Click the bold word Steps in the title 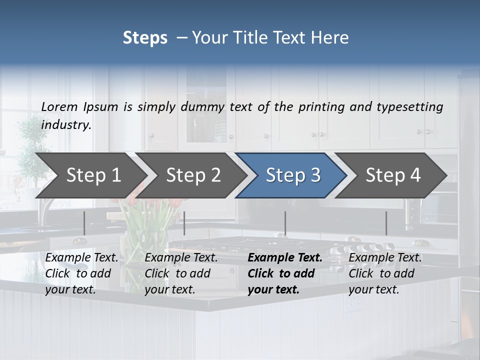145,38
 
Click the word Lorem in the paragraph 59,106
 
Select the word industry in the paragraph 65,125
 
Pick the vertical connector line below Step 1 84,223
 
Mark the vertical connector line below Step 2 184,223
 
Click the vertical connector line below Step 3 285,223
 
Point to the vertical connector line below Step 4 386,223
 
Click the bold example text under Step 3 284,273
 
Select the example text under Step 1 81,273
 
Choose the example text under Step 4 385,273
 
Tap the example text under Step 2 181,273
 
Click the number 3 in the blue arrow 314,175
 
